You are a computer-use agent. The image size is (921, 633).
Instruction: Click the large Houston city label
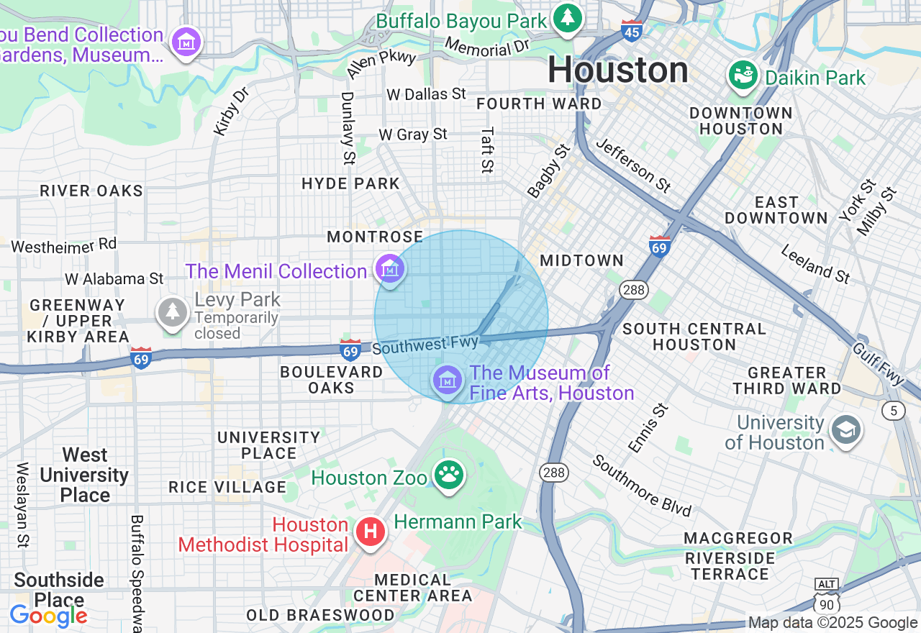click(x=618, y=70)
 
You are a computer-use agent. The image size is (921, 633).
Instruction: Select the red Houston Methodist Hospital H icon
click(x=371, y=533)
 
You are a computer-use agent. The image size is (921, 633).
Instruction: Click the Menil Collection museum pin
click(x=390, y=270)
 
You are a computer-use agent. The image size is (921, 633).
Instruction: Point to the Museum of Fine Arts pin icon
click(x=448, y=381)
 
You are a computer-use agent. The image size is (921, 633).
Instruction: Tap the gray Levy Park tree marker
click(x=173, y=312)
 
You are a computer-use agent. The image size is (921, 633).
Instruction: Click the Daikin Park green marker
click(x=743, y=75)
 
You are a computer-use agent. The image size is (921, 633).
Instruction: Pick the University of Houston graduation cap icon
click(x=845, y=431)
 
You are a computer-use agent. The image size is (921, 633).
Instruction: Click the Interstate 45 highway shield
click(x=631, y=31)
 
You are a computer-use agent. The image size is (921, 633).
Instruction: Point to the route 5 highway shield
click(x=894, y=411)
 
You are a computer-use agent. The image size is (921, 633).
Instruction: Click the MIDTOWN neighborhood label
click(x=581, y=260)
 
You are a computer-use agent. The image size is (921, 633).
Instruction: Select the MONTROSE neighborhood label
click(x=375, y=237)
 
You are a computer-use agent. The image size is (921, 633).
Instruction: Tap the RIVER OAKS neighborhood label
click(x=91, y=191)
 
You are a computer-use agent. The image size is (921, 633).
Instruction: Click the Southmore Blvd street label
click(x=641, y=486)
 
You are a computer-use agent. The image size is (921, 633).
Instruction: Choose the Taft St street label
click(x=488, y=150)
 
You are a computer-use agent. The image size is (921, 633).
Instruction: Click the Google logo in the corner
click(x=48, y=616)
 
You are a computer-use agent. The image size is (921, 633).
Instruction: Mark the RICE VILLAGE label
click(x=227, y=487)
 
